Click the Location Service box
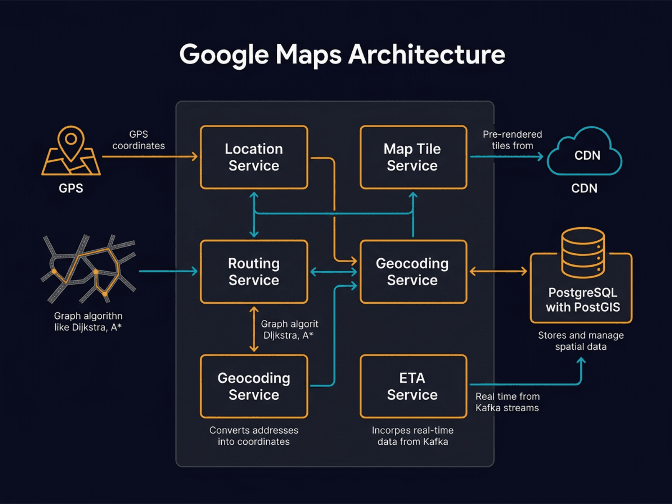(x=254, y=157)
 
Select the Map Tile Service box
(x=413, y=157)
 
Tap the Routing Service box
(x=254, y=272)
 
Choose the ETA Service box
(x=413, y=386)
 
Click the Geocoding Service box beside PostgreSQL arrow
(x=413, y=272)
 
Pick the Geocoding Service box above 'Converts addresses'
(x=254, y=386)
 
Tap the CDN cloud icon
(x=585, y=154)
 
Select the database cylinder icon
(x=583, y=253)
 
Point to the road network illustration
(x=88, y=269)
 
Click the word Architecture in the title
(x=426, y=55)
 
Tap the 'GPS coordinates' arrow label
(x=139, y=140)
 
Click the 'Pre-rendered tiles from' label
(x=512, y=140)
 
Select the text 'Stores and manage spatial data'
(x=581, y=341)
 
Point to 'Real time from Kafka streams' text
(x=507, y=402)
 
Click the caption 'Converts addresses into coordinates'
(x=254, y=436)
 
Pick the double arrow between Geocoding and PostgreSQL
(x=498, y=271)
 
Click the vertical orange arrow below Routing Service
(x=254, y=329)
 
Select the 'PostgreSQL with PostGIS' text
(x=583, y=300)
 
